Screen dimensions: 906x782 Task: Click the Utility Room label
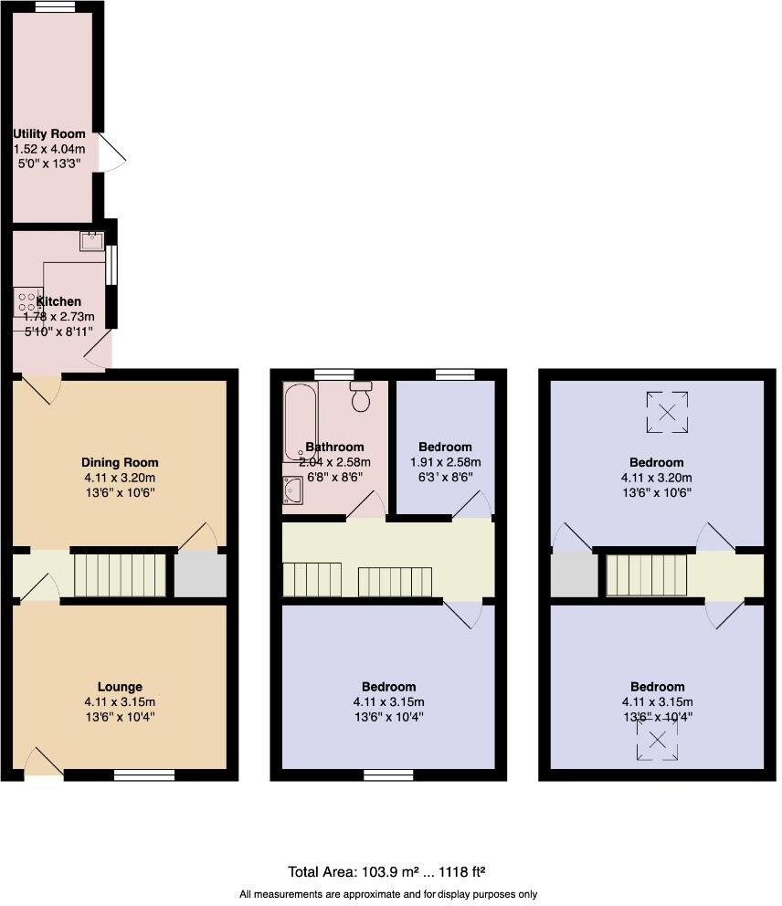coord(49,134)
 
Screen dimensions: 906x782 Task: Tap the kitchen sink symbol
coord(92,242)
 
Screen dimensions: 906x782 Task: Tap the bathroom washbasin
coord(294,491)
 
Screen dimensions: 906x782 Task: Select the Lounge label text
coord(120,687)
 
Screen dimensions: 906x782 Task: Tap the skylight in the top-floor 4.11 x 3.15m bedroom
coord(657,740)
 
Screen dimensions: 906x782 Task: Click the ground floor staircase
coord(119,574)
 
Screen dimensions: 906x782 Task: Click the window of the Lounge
coord(144,775)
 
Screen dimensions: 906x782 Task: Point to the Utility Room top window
coord(55,6)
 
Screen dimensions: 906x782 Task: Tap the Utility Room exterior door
coord(111,153)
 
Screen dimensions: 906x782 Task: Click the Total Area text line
coord(392,872)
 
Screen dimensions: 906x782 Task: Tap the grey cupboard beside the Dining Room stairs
coord(199,574)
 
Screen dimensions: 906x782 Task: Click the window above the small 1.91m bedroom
coord(454,374)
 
